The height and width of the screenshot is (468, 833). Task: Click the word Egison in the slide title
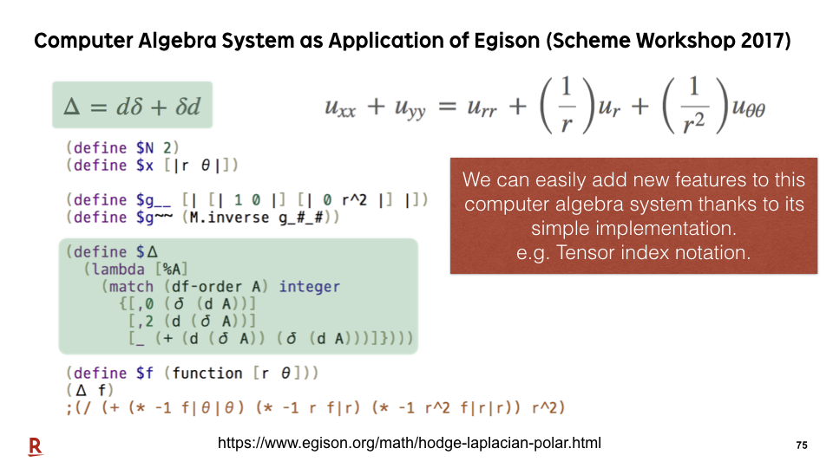click(x=506, y=42)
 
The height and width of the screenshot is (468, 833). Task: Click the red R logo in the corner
click(x=36, y=446)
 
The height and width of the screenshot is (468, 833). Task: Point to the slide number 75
click(x=802, y=445)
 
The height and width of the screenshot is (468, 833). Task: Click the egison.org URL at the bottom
click(x=409, y=443)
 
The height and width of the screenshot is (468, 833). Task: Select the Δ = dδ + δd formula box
click(x=132, y=105)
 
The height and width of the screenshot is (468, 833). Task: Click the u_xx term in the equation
click(x=340, y=108)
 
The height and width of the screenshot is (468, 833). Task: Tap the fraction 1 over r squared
click(x=694, y=105)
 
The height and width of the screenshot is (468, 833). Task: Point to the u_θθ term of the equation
click(x=749, y=108)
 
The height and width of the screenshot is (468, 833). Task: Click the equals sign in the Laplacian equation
click(x=448, y=107)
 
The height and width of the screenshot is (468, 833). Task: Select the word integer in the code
click(x=310, y=287)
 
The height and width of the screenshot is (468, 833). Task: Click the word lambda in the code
click(x=118, y=269)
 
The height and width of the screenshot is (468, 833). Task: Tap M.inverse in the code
click(x=229, y=217)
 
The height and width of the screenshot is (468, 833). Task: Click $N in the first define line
click(x=145, y=147)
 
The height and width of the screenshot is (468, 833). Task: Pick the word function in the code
click(x=207, y=373)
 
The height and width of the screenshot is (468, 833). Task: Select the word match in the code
click(x=131, y=287)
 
